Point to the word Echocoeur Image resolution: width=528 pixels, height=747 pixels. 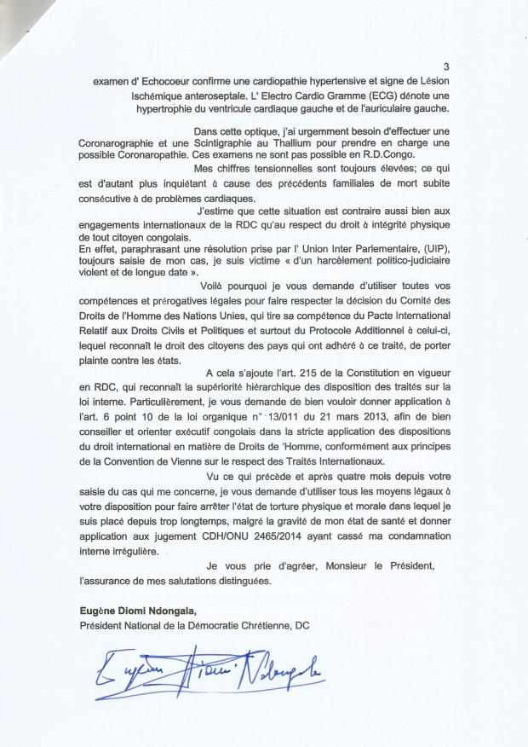[157, 81]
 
